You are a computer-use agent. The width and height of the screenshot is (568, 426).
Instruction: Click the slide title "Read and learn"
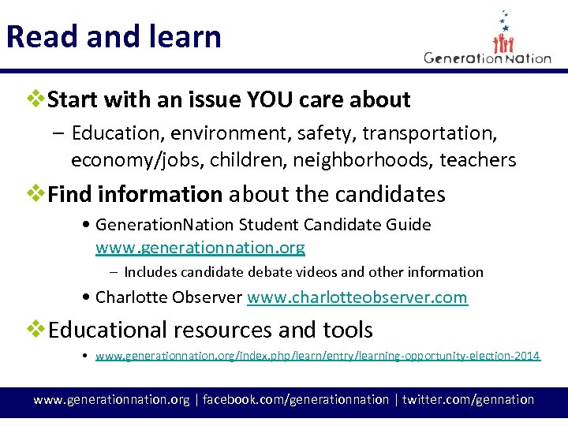[x=114, y=36]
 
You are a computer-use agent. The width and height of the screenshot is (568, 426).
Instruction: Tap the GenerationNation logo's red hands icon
[x=503, y=41]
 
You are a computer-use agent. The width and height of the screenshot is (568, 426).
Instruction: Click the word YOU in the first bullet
[x=272, y=100]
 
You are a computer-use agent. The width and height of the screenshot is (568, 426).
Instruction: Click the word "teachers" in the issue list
[x=477, y=160]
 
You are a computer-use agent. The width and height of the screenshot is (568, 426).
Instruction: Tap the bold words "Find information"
[x=135, y=194]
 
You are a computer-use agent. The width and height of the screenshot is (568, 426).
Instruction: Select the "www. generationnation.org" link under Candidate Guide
[x=200, y=248]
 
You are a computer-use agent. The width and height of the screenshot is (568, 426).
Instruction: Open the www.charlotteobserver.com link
[x=357, y=297]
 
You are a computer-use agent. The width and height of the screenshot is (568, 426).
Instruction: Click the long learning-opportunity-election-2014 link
[x=317, y=356]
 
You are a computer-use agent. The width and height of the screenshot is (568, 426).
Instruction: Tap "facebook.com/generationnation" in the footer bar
[x=296, y=399]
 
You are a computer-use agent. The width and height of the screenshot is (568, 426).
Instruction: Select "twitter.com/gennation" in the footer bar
[x=468, y=399]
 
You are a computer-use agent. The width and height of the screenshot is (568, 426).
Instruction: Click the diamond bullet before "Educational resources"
[x=36, y=329]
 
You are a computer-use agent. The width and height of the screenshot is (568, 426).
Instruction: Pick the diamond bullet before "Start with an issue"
[x=36, y=100]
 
